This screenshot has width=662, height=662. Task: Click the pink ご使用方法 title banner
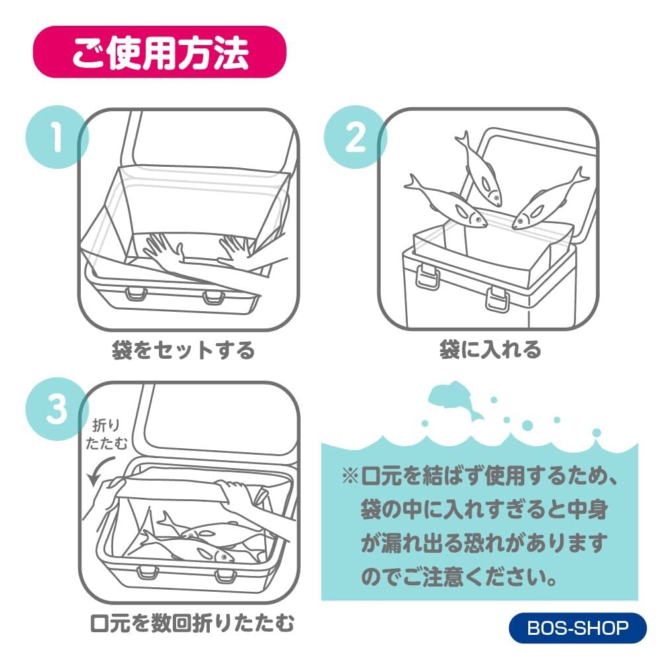(160, 52)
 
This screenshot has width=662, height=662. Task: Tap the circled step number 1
(57, 137)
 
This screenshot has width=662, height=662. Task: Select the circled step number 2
(355, 137)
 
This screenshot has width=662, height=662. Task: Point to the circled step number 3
(57, 408)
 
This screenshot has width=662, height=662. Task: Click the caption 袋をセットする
(183, 350)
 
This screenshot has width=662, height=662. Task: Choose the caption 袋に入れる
(490, 350)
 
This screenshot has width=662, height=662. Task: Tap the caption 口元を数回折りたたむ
(192, 623)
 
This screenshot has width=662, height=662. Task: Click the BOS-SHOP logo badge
(577, 628)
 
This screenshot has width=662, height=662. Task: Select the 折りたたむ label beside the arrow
(106, 434)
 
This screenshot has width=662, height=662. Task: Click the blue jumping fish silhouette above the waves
(455, 400)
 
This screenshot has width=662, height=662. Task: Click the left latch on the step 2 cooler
(427, 276)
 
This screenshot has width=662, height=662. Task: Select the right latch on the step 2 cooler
(497, 299)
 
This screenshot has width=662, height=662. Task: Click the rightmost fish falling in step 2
(549, 199)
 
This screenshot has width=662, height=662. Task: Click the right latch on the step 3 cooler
(224, 576)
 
